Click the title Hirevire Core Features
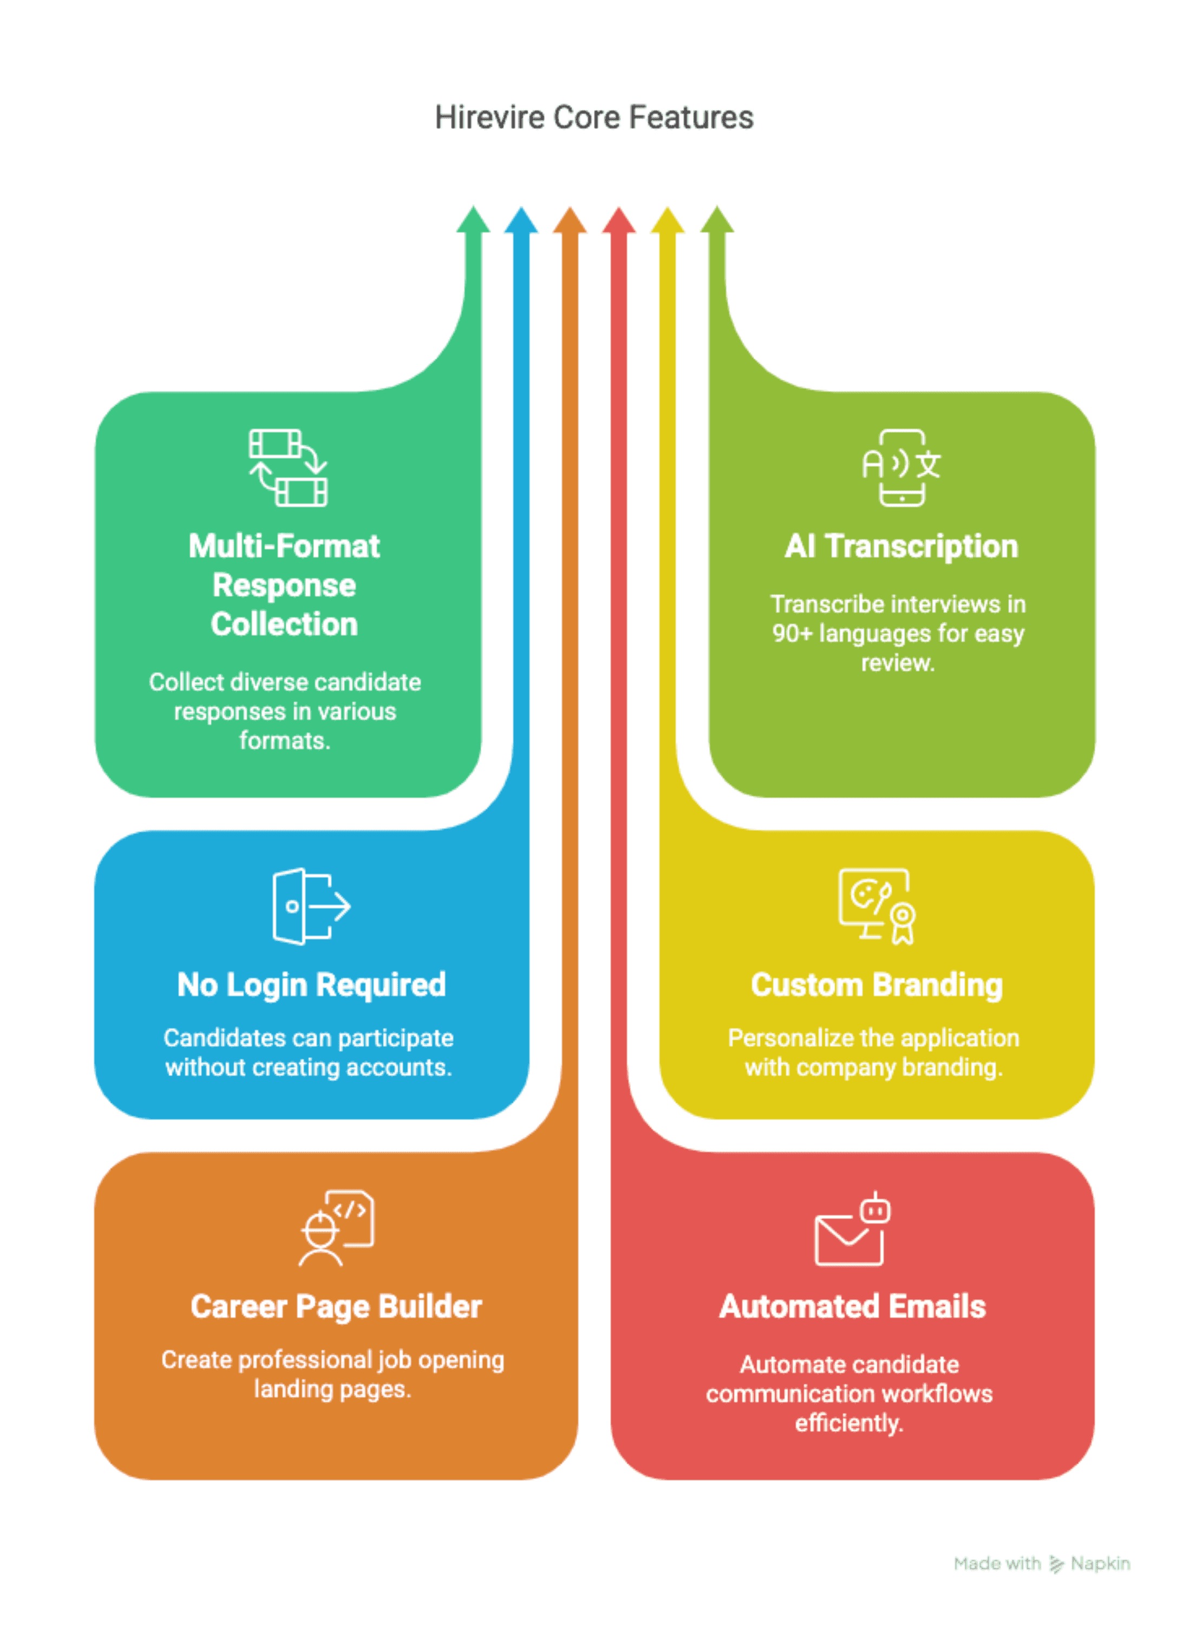point(594,118)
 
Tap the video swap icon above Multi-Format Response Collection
point(288,468)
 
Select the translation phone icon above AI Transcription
point(902,468)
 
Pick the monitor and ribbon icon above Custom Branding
point(877,906)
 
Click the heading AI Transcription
point(901,546)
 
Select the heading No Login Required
point(312,985)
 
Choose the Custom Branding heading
point(877,985)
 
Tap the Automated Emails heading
point(852,1307)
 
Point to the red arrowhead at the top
point(619,220)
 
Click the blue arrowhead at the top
point(521,220)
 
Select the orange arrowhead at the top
point(570,220)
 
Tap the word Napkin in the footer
point(1100,1563)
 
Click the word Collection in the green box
point(284,624)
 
